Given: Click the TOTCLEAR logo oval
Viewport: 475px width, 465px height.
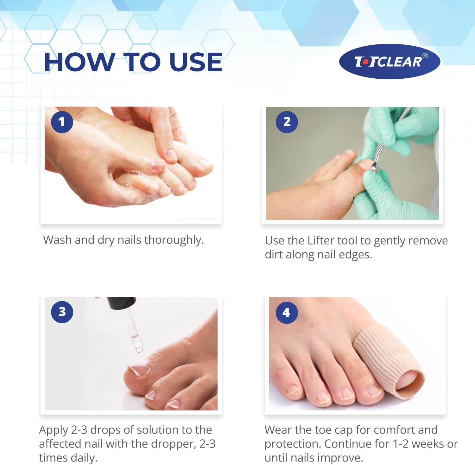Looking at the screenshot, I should pyautogui.click(x=389, y=62).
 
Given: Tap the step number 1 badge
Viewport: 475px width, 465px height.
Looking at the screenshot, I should pyautogui.click(x=62, y=122).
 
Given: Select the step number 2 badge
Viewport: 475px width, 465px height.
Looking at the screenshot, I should pyautogui.click(x=287, y=122).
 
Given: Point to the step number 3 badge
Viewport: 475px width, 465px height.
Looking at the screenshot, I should pyautogui.click(x=62, y=312).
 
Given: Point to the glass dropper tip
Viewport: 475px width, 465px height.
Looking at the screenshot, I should pyautogui.click(x=139, y=349).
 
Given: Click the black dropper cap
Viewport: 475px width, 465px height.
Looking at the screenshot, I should pyautogui.click(x=122, y=303).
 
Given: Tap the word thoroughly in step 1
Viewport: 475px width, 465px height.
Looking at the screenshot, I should pyautogui.click(x=174, y=240).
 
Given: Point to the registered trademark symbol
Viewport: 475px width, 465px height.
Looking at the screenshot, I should pyautogui.click(x=425, y=56).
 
